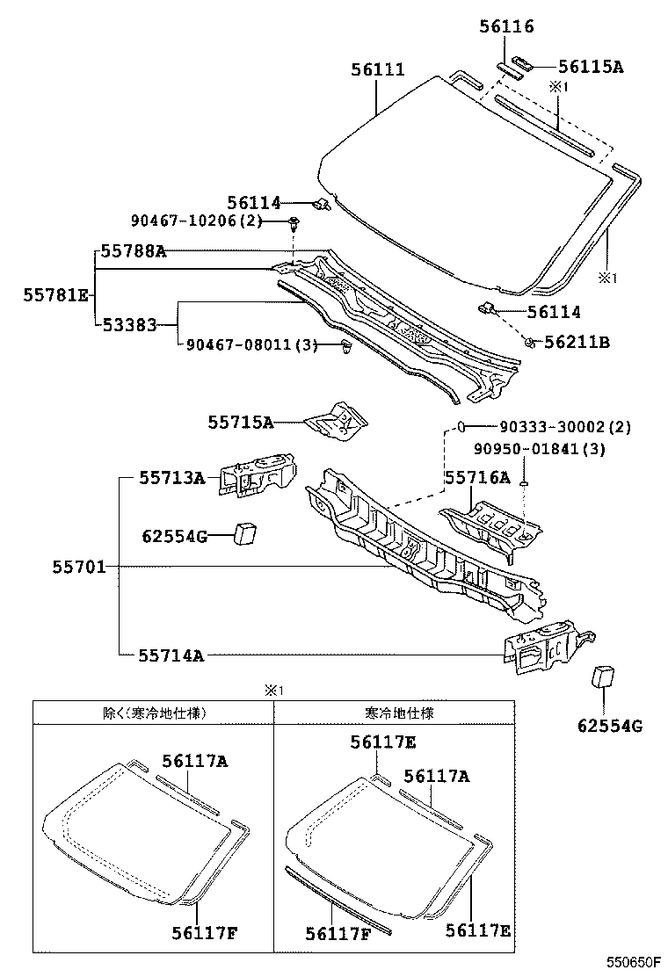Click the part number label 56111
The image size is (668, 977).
pyautogui.click(x=378, y=69)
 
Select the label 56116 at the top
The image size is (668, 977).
pyautogui.click(x=506, y=27)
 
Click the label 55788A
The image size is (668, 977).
pyautogui.click(x=133, y=251)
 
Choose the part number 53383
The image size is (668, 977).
pyautogui.click(x=128, y=325)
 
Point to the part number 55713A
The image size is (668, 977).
pyautogui.click(x=171, y=478)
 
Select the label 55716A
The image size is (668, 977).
pyautogui.click(x=476, y=478)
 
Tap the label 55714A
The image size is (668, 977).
pyautogui.click(x=171, y=654)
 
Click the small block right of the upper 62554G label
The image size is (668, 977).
pyautogui.click(x=245, y=533)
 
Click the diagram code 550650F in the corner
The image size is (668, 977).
pyautogui.click(x=630, y=962)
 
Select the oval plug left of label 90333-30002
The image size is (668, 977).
pyautogui.click(x=459, y=427)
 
